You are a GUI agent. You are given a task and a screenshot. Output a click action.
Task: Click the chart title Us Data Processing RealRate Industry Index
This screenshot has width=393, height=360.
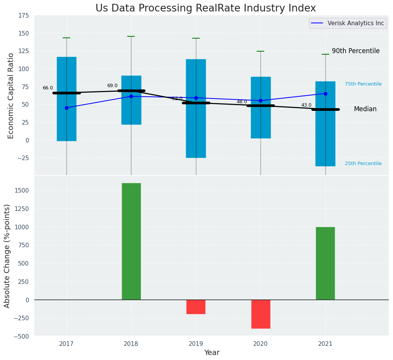205,8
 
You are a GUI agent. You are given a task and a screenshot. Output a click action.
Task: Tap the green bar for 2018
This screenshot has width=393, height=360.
131,241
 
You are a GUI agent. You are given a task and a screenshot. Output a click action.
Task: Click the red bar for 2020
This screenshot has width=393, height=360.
260,314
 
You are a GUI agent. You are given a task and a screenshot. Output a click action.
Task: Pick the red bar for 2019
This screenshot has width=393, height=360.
196,306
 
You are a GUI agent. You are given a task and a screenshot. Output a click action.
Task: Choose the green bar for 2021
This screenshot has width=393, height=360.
325,263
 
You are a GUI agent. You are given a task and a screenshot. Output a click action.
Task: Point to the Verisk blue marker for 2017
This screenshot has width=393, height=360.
66,108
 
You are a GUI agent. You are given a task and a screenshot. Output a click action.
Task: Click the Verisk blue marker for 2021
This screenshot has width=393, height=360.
325,94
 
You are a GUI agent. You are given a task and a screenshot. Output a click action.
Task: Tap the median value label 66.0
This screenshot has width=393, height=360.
48,88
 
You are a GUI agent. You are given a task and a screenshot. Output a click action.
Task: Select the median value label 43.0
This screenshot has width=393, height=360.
306,105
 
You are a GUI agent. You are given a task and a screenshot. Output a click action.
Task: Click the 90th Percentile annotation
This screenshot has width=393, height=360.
356,51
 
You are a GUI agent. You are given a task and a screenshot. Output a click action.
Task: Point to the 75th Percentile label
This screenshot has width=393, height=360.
363,84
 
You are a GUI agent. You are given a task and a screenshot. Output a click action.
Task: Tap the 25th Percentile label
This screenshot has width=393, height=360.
363,164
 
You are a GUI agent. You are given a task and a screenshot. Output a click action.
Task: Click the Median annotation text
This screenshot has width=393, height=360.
365,109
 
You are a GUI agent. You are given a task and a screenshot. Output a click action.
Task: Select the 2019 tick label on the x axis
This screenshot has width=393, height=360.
196,344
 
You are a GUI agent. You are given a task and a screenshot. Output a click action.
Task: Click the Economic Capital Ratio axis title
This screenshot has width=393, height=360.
11,96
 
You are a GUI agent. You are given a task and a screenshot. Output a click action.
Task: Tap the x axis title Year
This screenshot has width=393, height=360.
212,353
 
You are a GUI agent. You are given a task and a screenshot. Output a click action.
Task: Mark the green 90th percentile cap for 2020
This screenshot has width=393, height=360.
260,51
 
